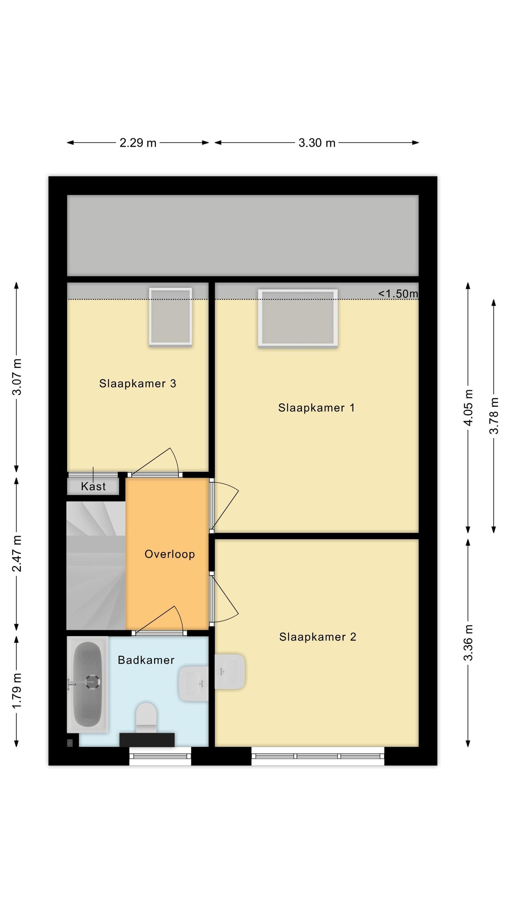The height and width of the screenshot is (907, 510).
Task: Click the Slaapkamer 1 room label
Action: [316, 408]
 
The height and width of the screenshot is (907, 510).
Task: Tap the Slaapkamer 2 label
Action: [318, 637]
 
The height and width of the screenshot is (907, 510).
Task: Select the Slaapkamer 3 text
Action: [137, 383]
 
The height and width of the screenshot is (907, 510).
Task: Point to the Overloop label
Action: [170, 554]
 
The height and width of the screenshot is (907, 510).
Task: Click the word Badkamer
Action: [146, 660]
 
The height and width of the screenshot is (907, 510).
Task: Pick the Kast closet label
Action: [93, 486]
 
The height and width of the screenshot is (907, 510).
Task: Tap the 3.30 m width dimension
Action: [317, 143]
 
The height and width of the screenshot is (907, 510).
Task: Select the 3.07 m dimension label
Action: [17, 377]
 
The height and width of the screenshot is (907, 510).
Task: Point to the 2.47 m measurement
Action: [17, 554]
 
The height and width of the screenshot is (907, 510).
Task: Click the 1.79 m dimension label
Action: [17, 691]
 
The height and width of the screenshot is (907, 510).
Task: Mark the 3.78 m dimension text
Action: [494, 415]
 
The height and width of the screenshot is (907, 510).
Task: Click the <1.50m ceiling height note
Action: [398, 294]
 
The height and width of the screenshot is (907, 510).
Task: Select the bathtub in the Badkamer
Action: [87, 684]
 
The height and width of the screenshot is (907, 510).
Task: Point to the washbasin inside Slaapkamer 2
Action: [230, 672]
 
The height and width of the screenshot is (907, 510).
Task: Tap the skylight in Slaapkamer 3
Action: [170, 317]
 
